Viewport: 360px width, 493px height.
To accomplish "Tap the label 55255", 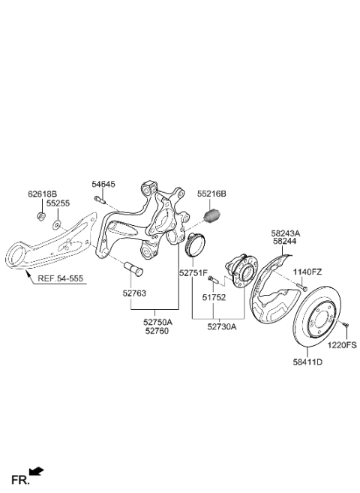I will coord(57,203).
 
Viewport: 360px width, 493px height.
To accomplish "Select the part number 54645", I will coord(103,183).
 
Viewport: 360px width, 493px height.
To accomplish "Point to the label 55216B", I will coord(211,193).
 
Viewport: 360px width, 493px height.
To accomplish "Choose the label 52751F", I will coord(193,274).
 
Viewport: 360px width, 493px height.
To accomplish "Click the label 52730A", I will coord(222,326).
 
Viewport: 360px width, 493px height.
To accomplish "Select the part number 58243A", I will coord(285,232).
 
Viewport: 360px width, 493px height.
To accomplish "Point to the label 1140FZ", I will coord(306,272).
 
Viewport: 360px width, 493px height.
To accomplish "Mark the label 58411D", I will coord(307,362).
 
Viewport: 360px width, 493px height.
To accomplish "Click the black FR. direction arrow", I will coord(36,472).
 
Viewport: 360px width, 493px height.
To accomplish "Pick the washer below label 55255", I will coord(58,223).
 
